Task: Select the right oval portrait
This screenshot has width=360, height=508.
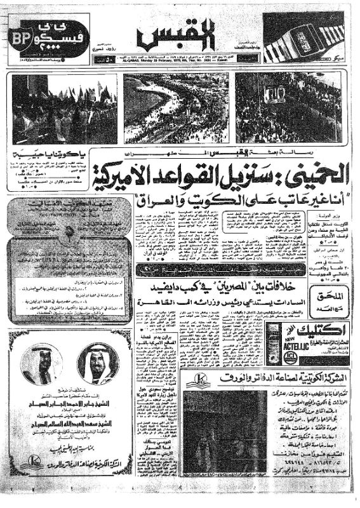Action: click(97, 363)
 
